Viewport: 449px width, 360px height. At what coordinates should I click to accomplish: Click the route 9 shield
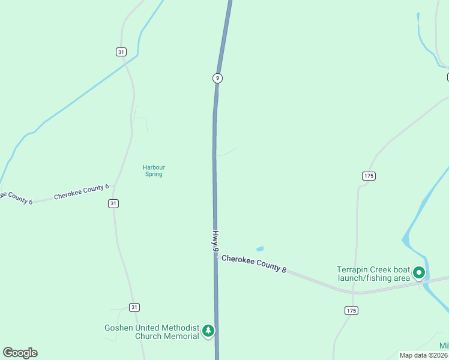click(217, 78)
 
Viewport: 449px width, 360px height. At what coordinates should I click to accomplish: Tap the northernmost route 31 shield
click(121, 52)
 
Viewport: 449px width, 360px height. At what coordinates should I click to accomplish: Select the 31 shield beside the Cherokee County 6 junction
click(113, 203)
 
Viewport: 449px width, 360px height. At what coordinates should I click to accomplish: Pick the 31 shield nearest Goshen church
click(134, 307)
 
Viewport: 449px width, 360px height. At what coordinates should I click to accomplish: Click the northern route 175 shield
click(369, 176)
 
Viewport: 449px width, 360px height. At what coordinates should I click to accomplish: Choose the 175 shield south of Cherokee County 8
click(352, 310)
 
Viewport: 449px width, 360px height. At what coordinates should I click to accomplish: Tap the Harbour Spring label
click(154, 170)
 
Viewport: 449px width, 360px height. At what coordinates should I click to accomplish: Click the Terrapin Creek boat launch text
click(373, 274)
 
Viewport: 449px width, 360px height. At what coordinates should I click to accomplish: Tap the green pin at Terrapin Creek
click(419, 274)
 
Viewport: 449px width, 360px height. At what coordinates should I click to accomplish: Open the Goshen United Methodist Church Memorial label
click(151, 332)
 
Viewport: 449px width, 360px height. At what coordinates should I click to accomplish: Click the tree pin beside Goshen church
click(208, 331)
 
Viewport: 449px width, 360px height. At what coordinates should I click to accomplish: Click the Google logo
click(20, 353)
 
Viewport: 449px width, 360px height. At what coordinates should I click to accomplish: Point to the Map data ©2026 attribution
click(424, 355)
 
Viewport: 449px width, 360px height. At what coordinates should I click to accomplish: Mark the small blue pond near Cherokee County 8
click(260, 248)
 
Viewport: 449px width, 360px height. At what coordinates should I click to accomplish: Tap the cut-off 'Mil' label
click(444, 346)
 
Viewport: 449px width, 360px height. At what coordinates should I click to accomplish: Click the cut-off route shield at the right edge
click(447, 77)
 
